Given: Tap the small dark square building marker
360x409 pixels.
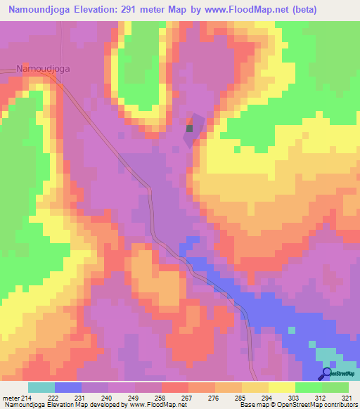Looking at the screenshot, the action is click(x=189, y=129).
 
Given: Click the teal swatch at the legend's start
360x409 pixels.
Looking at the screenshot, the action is click(x=41, y=387).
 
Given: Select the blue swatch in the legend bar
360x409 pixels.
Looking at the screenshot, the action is click(x=68, y=387).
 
